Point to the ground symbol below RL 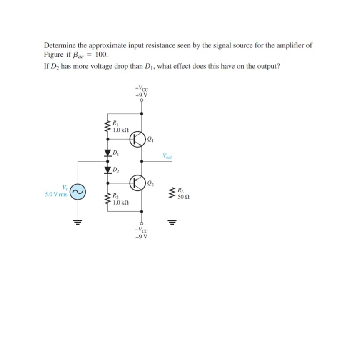click(171, 221)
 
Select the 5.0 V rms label click(56, 194)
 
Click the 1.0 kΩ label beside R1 click(121, 130)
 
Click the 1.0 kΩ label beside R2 click(121, 202)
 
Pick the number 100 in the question click(101, 55)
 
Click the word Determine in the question click(59, 45)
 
